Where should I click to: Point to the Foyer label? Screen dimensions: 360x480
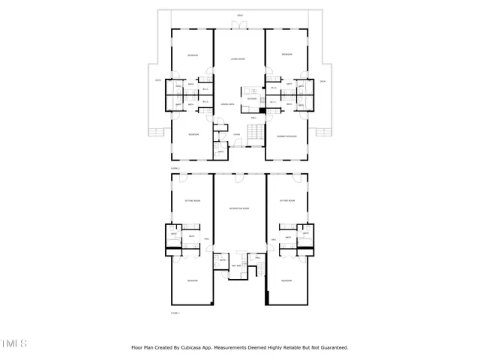[236, 134]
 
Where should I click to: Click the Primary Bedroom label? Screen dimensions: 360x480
[286, 136]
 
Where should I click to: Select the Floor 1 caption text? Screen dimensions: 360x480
[175, 312]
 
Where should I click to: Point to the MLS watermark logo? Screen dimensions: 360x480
[13, 343]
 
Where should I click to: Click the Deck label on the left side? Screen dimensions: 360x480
[158, 81]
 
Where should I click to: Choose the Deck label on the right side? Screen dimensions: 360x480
[322, 81]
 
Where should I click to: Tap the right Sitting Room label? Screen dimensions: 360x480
[286, 201]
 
